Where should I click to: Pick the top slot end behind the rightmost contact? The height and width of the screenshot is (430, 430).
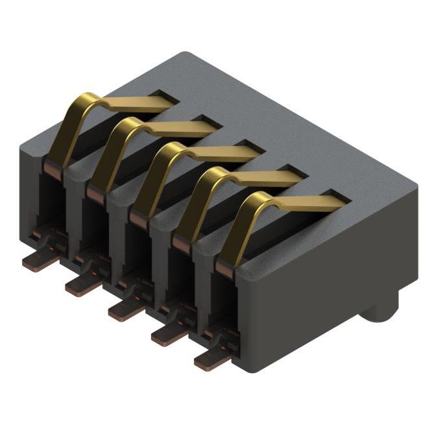click(x=337, y=195)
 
